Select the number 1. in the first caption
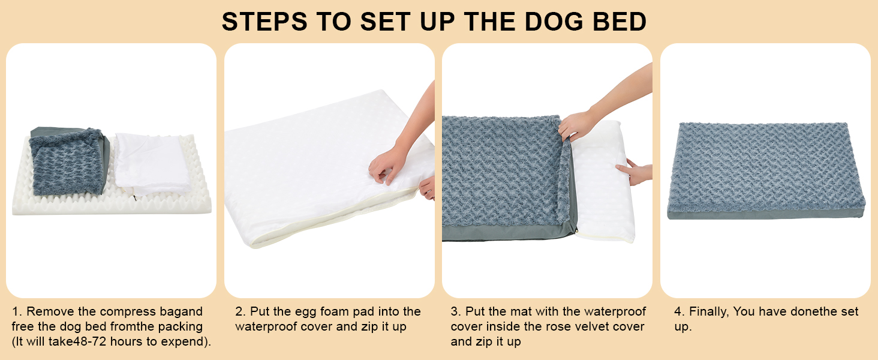tap(17, 312)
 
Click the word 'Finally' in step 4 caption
tap(708, 312)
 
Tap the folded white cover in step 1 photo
tap(152, 163)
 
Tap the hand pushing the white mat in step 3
tap(636, 173)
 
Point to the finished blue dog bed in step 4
tap(765, 171)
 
